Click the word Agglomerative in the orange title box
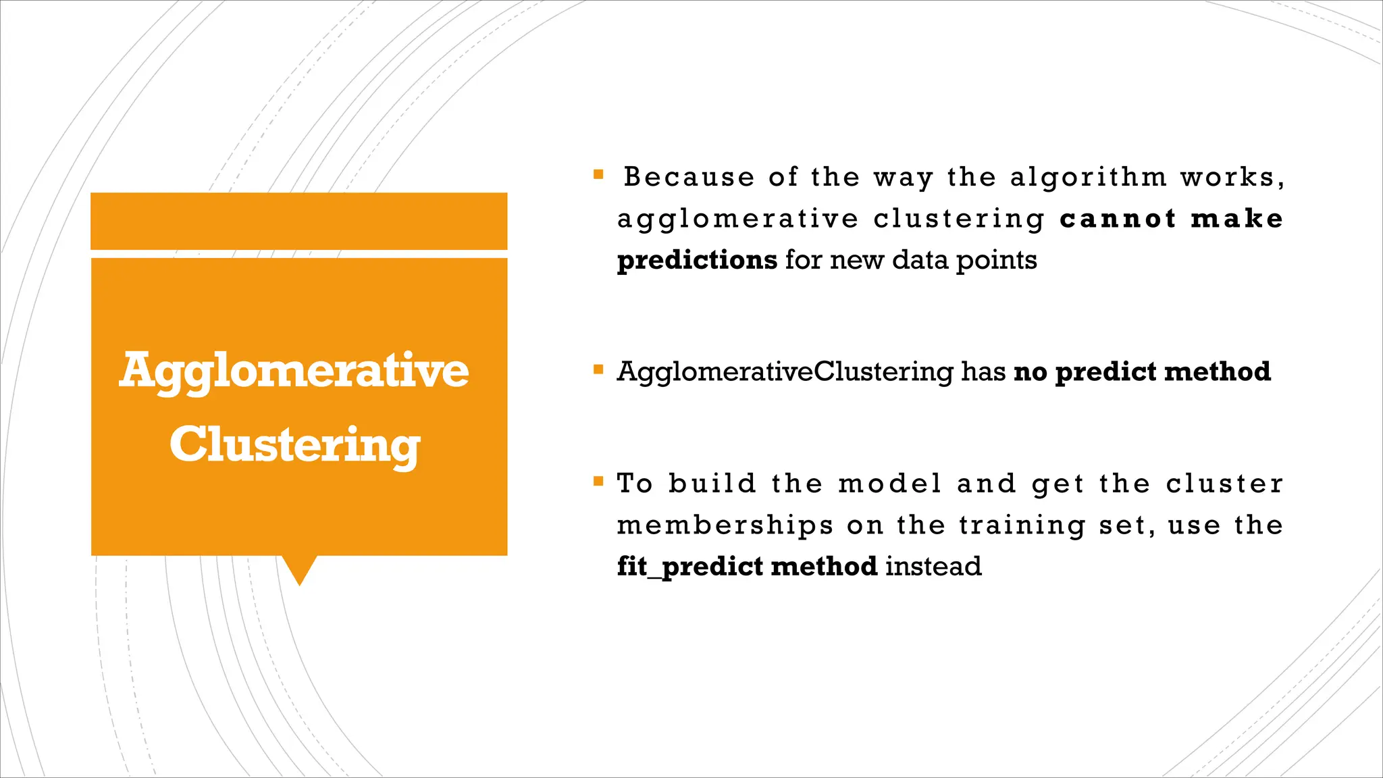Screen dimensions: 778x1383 click(294, 371)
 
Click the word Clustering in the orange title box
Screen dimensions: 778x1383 click(294, 445)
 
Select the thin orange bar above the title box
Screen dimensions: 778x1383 click(298, 221)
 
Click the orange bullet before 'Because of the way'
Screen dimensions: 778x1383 click(598, 175)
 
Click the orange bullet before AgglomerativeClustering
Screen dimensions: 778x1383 click(598, 369)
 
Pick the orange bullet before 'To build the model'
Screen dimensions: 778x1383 click(598, 482)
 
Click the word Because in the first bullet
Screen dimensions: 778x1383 click(689, 177)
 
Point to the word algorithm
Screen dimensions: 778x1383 click(1088, 177)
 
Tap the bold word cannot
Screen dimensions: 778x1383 click(1118, 219)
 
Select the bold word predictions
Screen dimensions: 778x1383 click(697, 261)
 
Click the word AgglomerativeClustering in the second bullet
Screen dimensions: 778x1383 click(785, 372)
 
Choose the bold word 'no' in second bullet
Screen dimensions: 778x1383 click(1029, 372)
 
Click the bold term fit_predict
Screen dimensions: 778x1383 click(689, 567)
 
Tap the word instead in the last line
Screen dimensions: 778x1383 click(933, 567)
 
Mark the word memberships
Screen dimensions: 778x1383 click(725, 525)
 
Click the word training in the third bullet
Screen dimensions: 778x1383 click(1022, 525)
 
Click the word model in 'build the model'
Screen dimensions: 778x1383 click(889, 484)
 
